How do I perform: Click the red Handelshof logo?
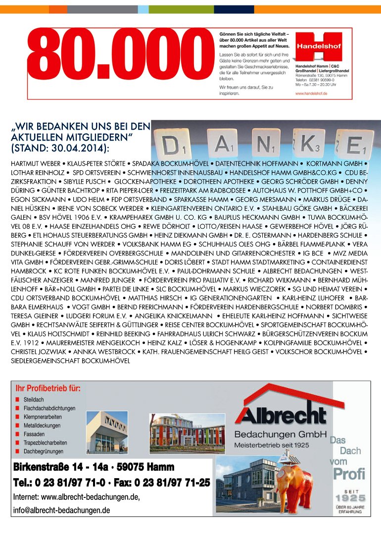pyautogui.click(x=319, y=45)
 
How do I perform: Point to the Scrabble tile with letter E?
pyautogui.click(x=354, y=144)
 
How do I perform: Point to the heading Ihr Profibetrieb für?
pyautogui.click(x=48, y=389)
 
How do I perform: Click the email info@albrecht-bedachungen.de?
pyautogui.click(x=61, y=510)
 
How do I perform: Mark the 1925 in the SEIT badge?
pyautogui.click(x=350, y=498)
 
